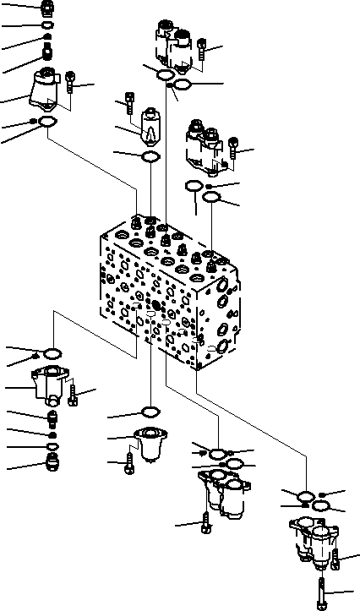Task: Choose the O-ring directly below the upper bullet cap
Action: [150, 157]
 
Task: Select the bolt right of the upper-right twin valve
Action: [234, 156]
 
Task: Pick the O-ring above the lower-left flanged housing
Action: [50, 352]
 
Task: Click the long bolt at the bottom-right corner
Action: [322, 591]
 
